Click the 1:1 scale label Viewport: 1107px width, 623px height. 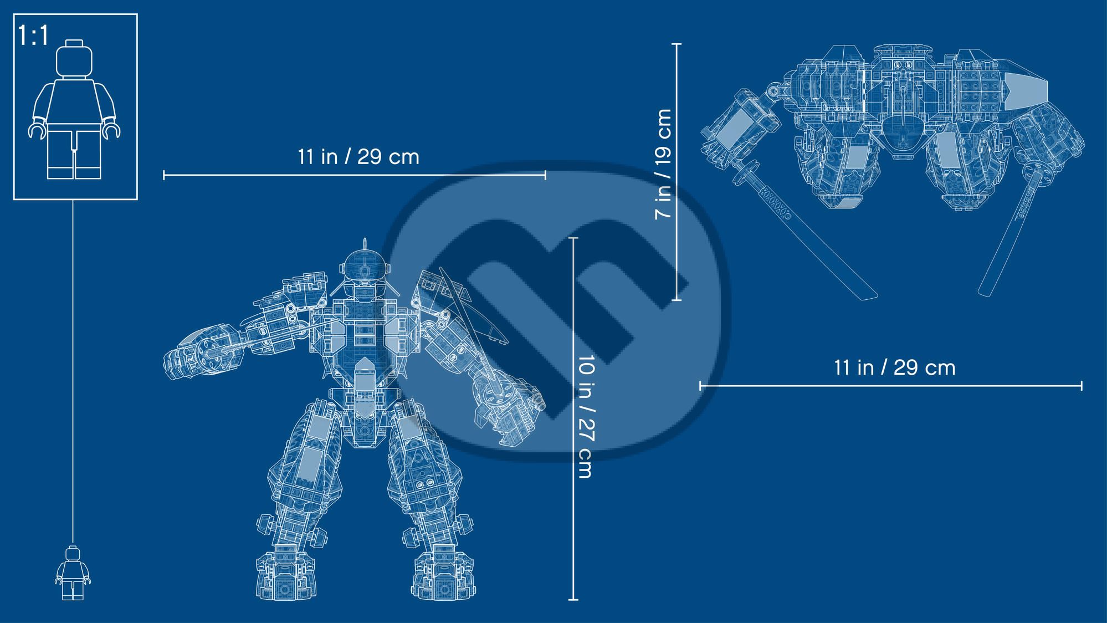34,36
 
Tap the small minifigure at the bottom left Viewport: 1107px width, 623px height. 73,573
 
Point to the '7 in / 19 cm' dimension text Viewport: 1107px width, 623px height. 663,164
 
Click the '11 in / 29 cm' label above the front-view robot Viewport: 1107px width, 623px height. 358,157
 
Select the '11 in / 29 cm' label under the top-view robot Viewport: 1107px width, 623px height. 895,368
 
